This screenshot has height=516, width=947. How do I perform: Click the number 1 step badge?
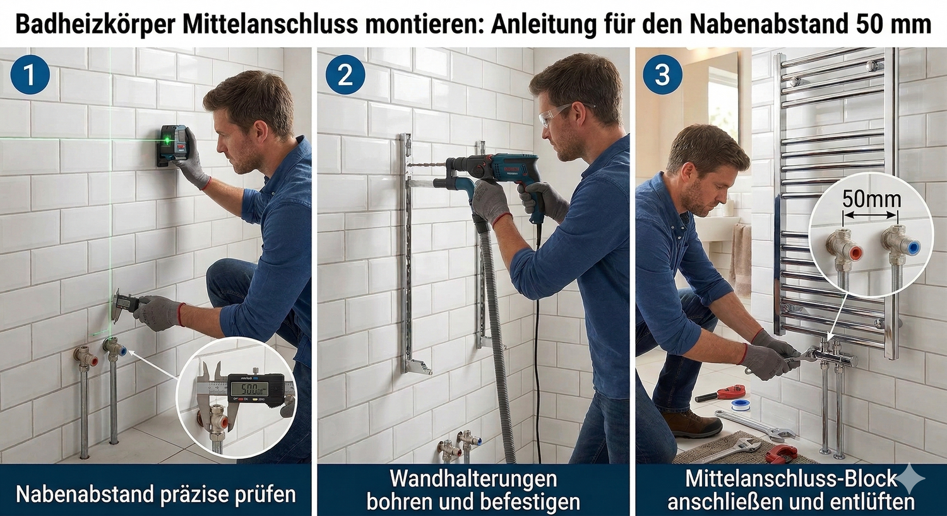(x=29, y=75)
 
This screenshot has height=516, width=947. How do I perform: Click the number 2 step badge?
(x=345, y=75)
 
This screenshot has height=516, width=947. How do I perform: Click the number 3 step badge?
(x=662, y=75)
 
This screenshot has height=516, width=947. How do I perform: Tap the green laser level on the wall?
(x=172, y=146)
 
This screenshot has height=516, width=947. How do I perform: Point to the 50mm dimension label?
(x=871, y=199)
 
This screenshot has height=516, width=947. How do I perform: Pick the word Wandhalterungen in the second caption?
(x=473, y=479)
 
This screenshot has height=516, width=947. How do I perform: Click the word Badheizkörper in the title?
(x=95, y=25)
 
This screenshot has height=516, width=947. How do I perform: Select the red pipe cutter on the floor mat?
(x=782, y=454)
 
